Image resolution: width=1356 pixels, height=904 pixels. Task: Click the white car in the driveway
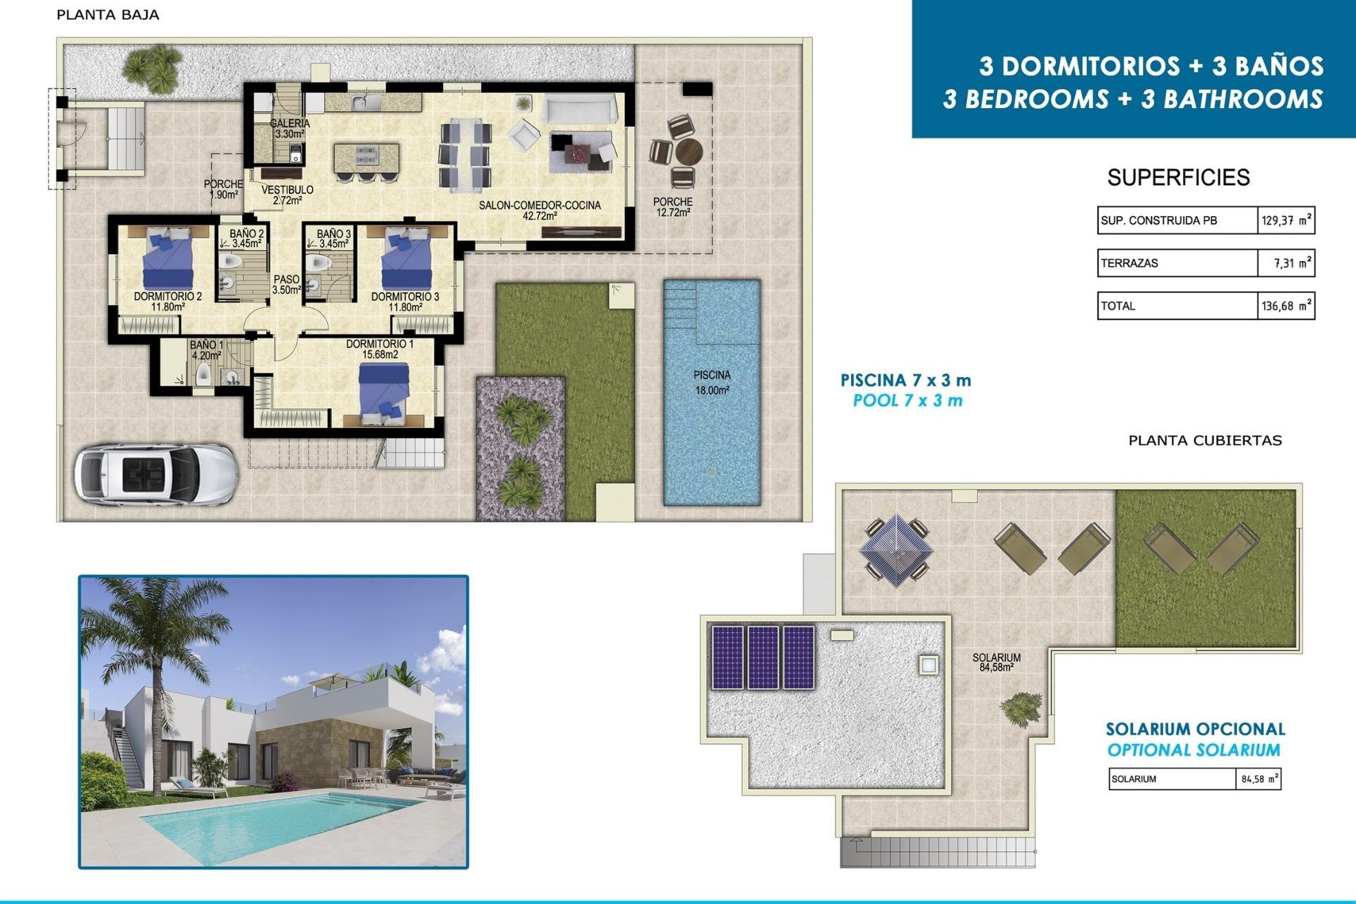point(155,472)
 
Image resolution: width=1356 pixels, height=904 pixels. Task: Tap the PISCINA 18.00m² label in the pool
point(711,382)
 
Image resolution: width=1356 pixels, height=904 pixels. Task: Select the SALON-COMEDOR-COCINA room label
point(540,210)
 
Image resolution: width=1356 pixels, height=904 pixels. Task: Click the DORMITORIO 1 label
point(380,349)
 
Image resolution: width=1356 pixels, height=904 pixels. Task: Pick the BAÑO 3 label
point(333,239)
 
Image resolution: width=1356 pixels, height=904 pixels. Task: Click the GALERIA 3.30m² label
point(290,129)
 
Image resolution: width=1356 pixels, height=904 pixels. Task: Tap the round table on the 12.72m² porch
point(688,150)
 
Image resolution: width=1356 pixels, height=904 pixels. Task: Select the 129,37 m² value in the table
point(1286,220)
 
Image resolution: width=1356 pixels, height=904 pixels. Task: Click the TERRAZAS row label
point(1129,263)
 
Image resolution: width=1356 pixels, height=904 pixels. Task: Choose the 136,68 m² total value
point(1286,307)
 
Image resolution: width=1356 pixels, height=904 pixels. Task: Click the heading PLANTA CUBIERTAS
point(1205,441)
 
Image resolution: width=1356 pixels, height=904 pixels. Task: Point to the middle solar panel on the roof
point(763,657)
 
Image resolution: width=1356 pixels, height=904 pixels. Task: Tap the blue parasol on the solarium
point(896,547)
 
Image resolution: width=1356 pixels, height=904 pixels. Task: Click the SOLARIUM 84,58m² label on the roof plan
point(996,662)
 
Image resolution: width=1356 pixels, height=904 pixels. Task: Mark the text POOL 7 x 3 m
point(908,401)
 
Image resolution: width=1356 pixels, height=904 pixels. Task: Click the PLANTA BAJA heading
point(107,15)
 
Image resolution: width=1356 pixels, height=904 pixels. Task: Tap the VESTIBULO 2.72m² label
point(287,195)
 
